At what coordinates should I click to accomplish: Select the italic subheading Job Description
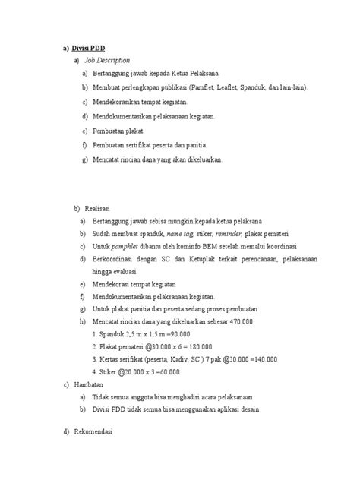[107, 59]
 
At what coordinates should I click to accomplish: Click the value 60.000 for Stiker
[167, 372]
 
